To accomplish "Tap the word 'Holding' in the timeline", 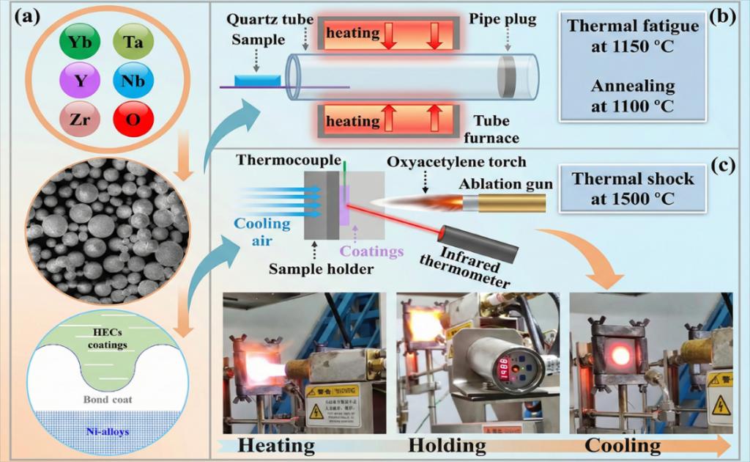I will coord(447,445).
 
